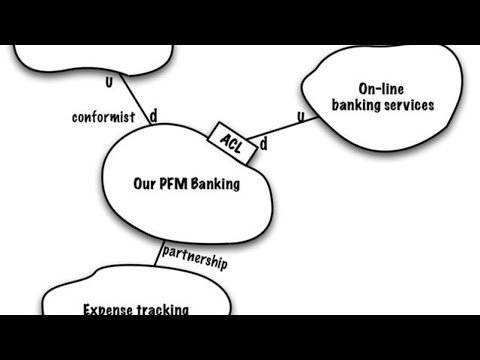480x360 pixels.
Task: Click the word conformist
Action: [104, 117]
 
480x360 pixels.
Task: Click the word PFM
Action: [174, 183]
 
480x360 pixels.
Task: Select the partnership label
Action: [194, 257]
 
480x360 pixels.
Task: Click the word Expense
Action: [109, 310]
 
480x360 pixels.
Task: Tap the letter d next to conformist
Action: [153, 117]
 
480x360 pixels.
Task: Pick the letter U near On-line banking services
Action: [302, 118]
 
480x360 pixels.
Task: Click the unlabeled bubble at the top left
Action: [90, 60]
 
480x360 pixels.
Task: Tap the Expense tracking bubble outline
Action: [45, 300]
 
